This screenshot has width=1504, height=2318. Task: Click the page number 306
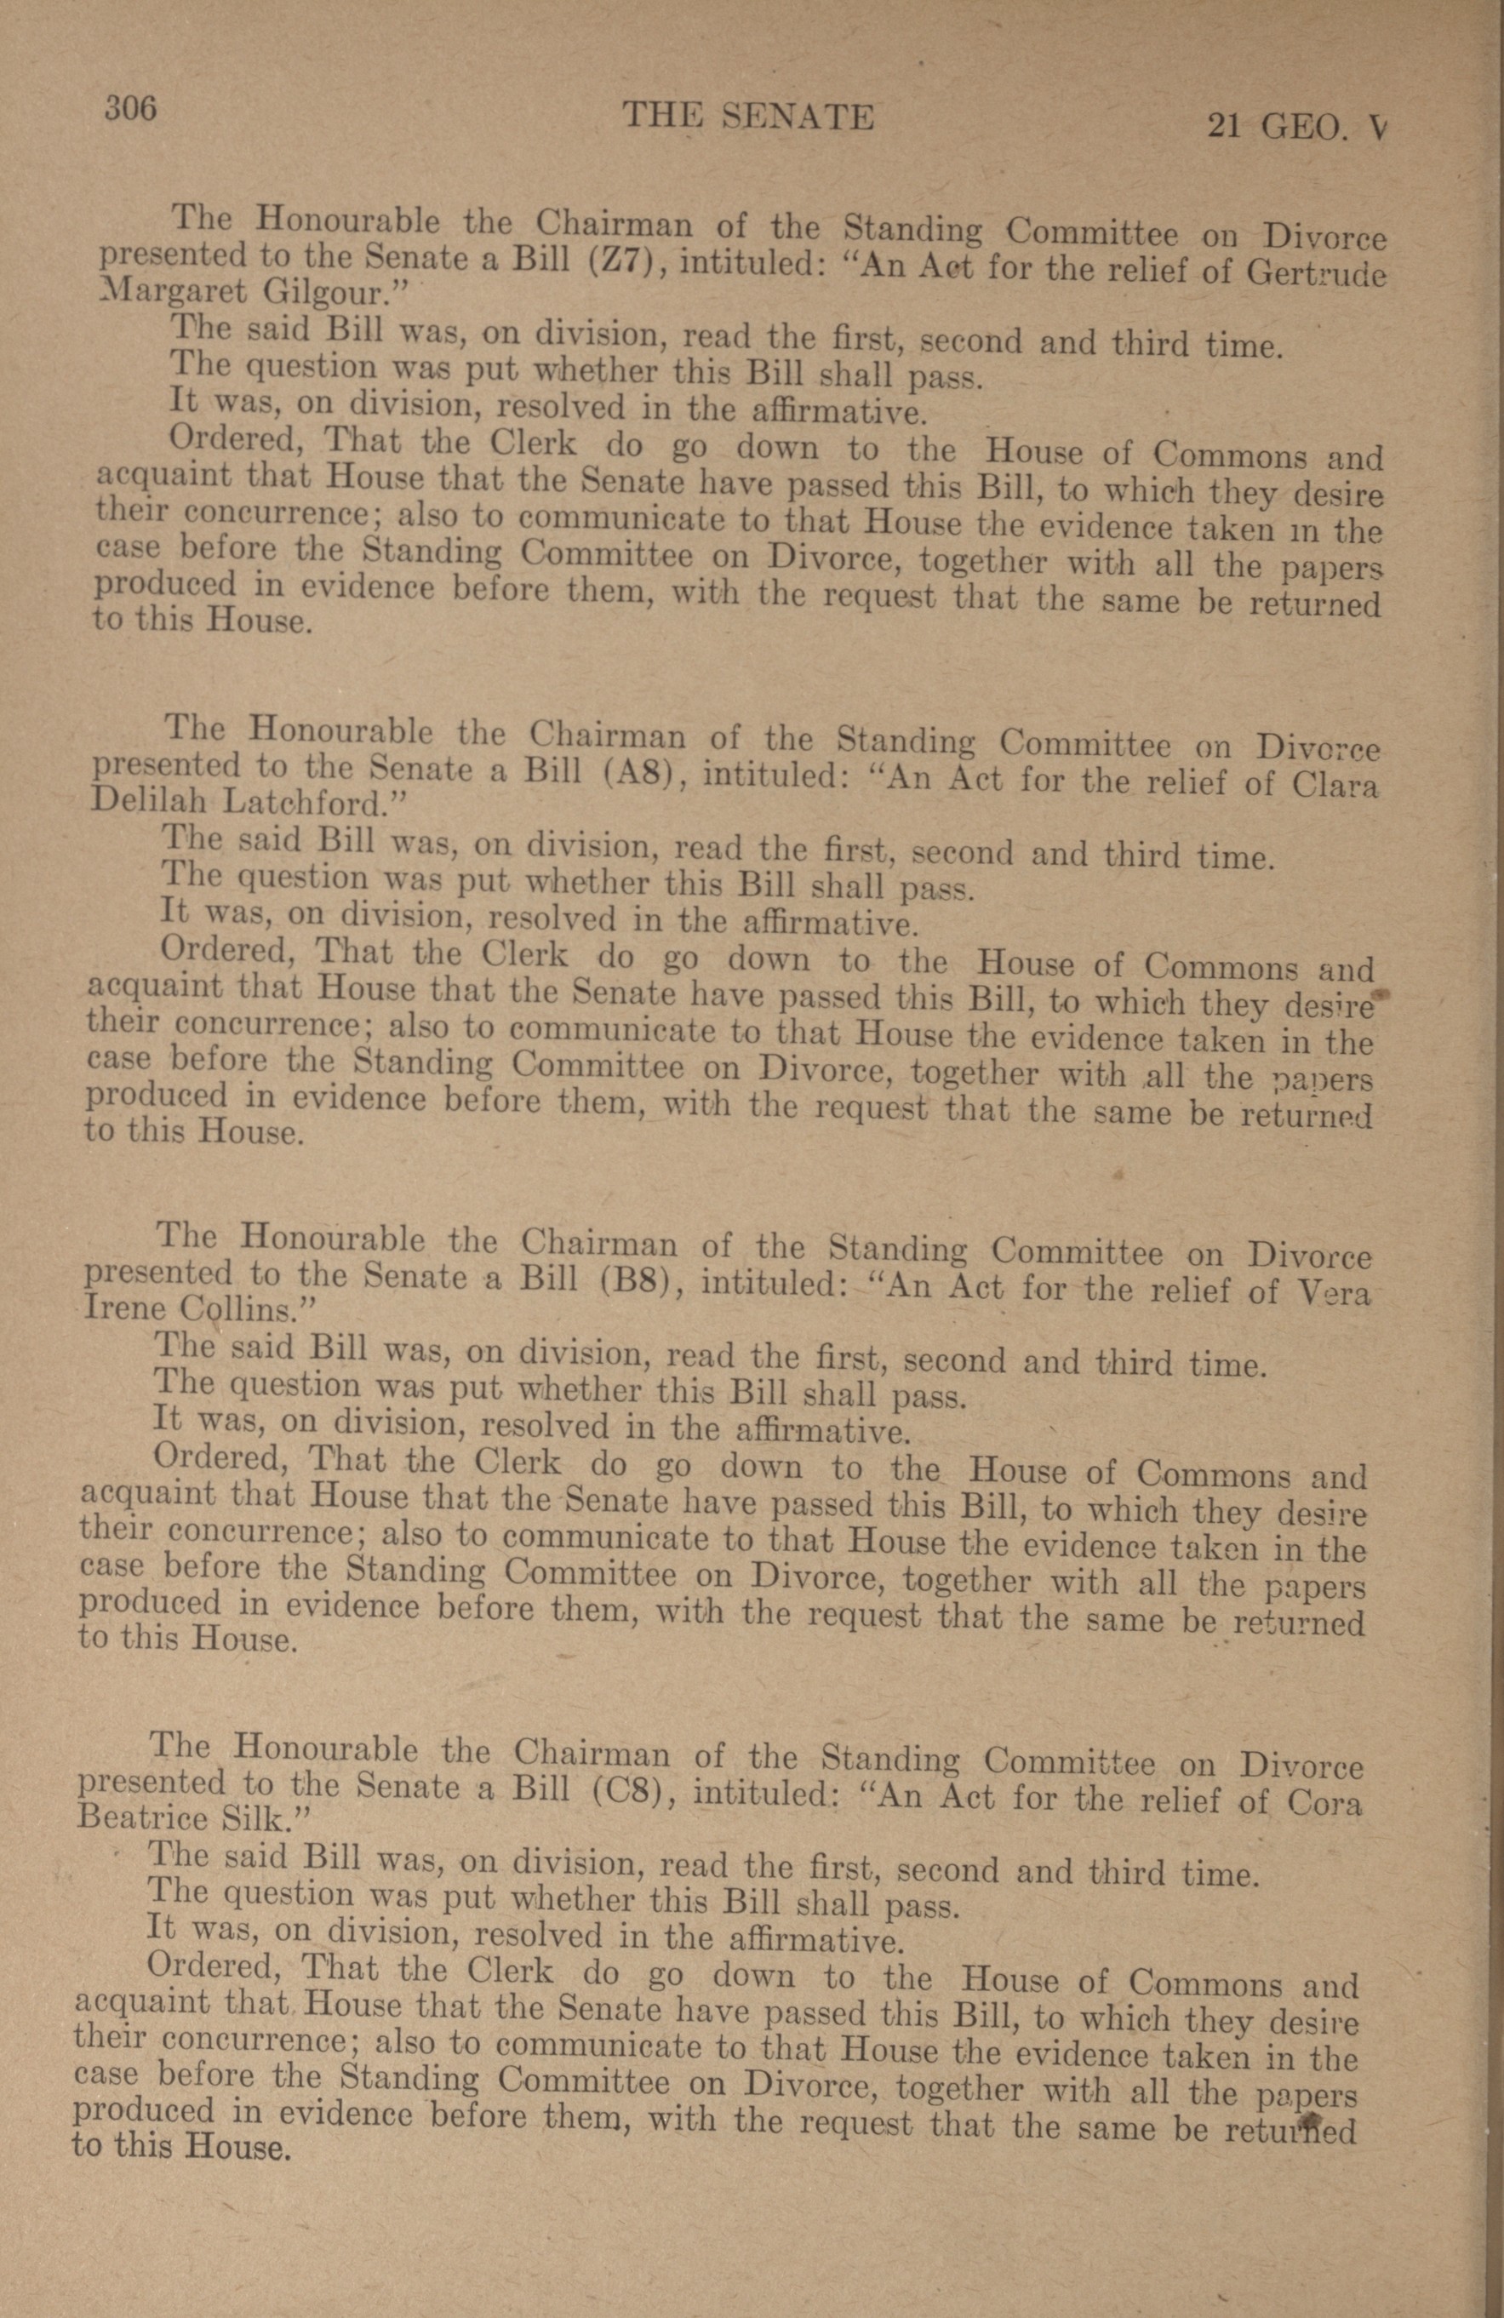click(130, 108)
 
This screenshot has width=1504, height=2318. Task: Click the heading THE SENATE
click(747, 117)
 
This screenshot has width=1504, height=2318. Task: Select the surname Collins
click(234, 1309)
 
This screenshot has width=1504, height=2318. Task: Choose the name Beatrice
click(151, 1817)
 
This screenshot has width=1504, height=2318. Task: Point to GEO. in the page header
click(1306, 128)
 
